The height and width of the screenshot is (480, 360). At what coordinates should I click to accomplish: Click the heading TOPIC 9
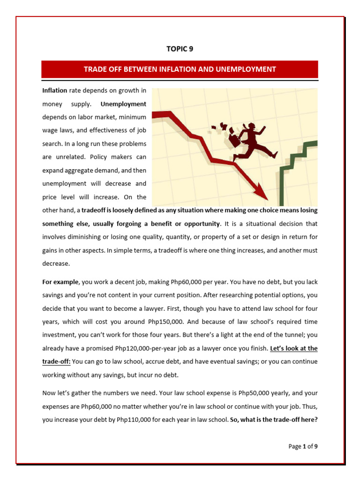point(180,49)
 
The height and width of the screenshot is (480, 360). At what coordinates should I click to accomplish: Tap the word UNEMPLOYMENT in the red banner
point(246,69)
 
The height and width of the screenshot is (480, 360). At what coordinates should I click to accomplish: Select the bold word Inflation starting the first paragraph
point(54,90)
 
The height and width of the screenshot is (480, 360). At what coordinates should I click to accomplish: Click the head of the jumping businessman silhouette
point(252,127)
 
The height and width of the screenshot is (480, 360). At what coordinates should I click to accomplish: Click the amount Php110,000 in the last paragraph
point(133,406)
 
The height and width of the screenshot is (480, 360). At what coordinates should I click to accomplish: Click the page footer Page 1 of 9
point(303,446)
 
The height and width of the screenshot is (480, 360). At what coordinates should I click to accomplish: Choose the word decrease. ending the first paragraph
point(56,263)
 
